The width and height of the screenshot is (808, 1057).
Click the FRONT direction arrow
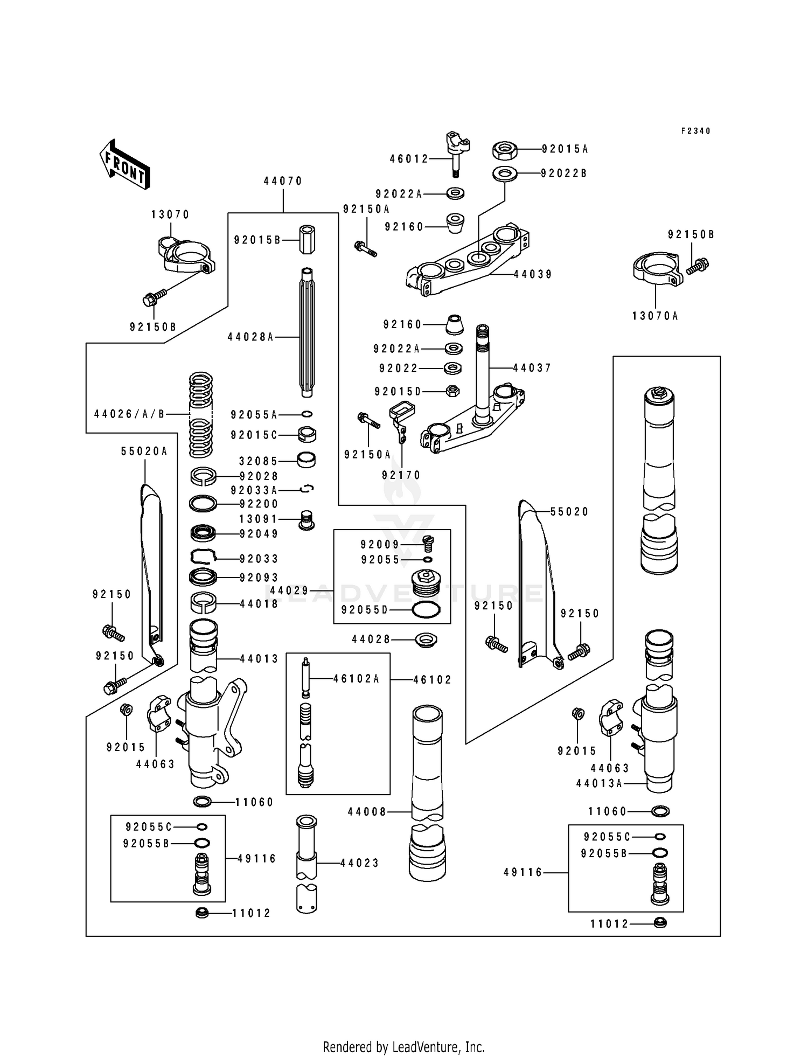coord(124,164)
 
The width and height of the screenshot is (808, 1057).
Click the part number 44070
coord(283,182)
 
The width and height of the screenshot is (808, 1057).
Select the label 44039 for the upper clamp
coord(533,274)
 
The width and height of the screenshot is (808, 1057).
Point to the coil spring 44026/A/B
coord(201,414)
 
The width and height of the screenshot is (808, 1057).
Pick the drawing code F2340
coord(695,131)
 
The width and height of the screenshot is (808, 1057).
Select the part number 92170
coord(401,475)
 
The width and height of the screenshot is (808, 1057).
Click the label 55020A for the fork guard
coord(144,451)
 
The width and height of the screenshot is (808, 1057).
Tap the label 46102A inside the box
coord(356,679)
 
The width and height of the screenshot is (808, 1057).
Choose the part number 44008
coord(367,811)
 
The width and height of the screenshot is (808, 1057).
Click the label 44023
coord(360,863)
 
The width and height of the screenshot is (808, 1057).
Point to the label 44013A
coord(599,783)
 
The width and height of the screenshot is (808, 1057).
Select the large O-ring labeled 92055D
coord(426,610)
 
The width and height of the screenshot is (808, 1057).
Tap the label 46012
coord(409,159)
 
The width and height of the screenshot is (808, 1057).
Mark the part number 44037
coord(532,368)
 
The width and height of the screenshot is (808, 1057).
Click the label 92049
coord(259,534)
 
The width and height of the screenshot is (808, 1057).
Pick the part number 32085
coord(258,461)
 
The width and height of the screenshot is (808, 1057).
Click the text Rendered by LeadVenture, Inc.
coord(403,1047)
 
